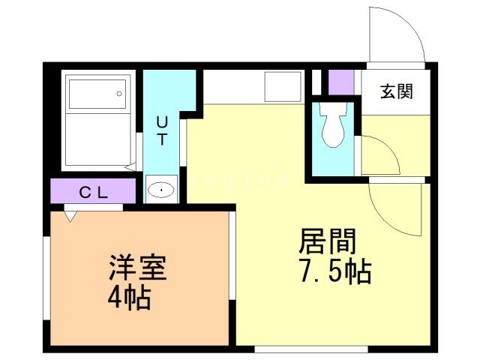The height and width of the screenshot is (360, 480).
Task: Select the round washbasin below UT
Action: (x=160, y=191)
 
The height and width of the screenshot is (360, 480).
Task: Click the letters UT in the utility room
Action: (x=162, y=128)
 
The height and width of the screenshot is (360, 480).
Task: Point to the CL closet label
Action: (x=94, y=192)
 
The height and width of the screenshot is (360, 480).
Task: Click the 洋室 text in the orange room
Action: (x=136, y=268)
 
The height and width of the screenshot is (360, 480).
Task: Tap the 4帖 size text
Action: (x=129, y=298)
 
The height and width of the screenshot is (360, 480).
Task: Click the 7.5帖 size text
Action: (x=334, y=272)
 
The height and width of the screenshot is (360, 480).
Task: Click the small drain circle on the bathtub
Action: (x=118, y=94)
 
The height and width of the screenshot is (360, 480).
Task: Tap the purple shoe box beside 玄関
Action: (x=341, y=82)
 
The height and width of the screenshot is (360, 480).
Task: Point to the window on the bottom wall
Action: (x=310, y=349)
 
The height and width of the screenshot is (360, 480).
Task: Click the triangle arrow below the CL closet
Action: (x=70, y=216)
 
